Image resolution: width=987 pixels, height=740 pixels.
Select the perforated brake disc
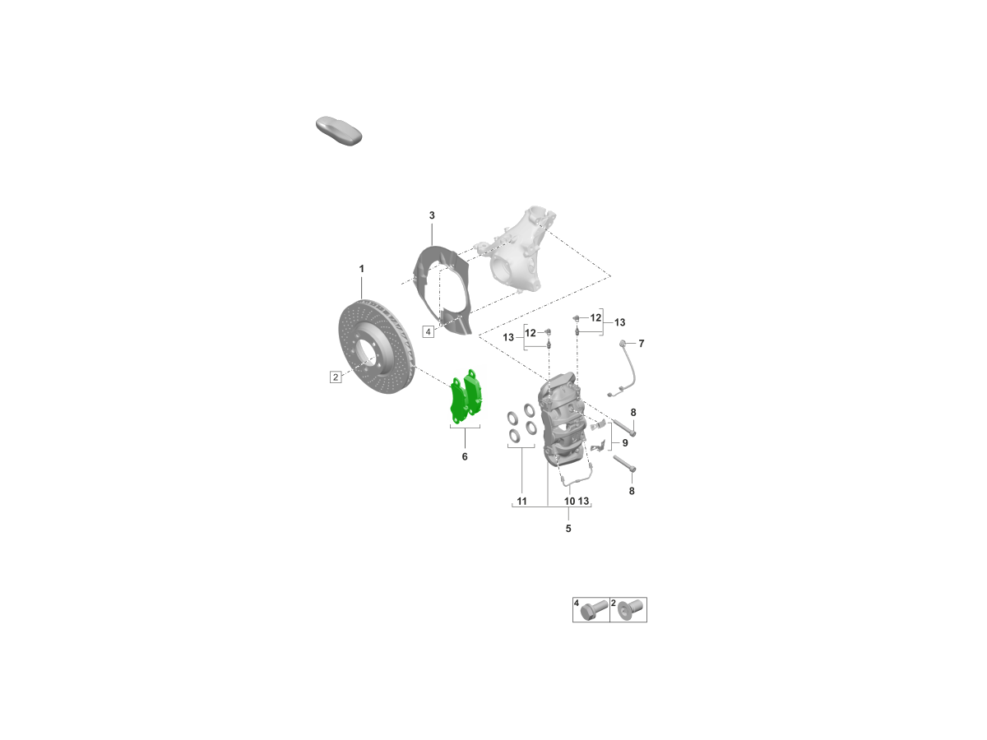(x=377, y=346)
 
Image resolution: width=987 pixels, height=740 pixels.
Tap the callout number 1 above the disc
(x=362, y=269)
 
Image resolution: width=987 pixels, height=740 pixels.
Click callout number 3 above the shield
(x=432, y=215)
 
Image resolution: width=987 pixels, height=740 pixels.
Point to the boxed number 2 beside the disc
(x=336, y=377)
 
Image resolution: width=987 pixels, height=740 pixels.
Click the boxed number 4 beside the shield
(x=428, y=332)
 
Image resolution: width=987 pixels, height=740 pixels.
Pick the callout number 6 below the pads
(x=465, y=456)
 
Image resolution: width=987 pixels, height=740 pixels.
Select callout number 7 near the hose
(x=642, y=343)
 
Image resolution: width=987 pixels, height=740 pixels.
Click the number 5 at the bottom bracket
(x=568, y=529)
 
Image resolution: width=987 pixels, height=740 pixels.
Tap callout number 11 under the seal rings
(x=521, y=501)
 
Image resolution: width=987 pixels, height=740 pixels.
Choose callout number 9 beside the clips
(x=625, y=442)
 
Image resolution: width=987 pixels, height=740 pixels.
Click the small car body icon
(x=339, y=130)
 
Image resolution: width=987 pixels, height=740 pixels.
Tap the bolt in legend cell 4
(x=594, y=610)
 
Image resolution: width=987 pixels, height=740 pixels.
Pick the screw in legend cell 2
(x=628, y=610)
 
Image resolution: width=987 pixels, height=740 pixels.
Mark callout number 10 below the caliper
(x=569, y=501)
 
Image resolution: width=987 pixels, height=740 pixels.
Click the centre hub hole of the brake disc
(x=365, y=351)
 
